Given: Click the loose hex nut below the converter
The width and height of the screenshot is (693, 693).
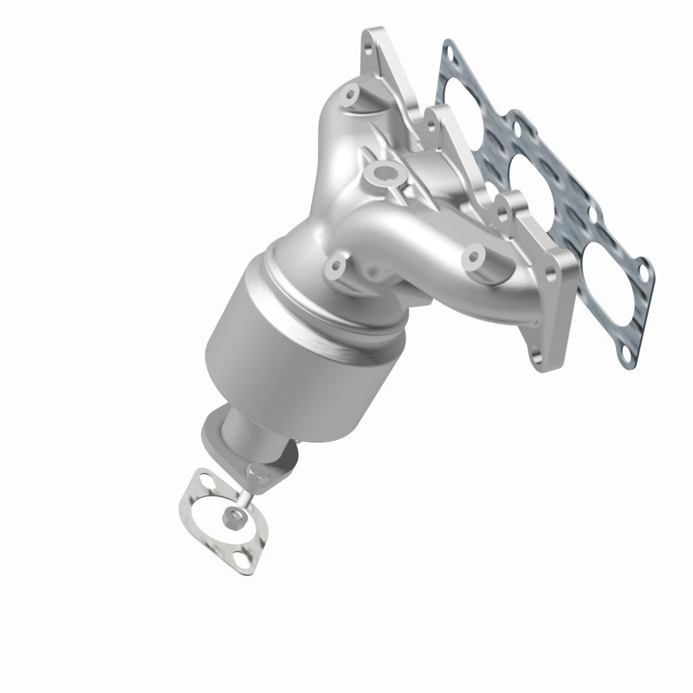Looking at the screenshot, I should tap(232, 518).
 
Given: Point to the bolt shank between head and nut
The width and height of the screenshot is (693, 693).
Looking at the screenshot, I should tap(243, 495).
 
